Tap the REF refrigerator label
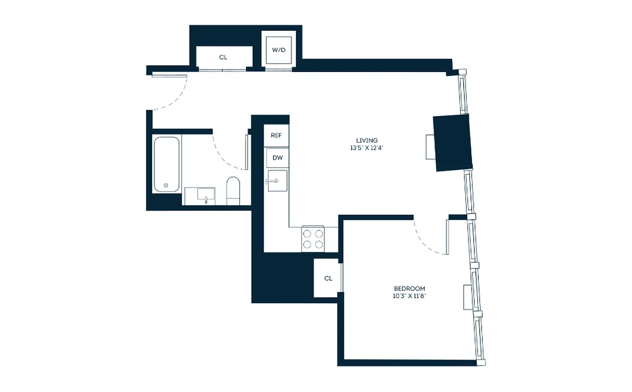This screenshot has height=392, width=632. (276, 136)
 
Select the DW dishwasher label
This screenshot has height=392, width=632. (277, 158)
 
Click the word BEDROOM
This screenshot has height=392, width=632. (410, 289)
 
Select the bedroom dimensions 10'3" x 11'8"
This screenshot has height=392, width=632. (410, 296)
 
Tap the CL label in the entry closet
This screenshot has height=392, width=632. (223, 57)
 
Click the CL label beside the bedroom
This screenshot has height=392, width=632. (328, 278)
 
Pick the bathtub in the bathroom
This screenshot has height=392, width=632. (167, 165)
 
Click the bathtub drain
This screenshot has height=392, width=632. (166, 185)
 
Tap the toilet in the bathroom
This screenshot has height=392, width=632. (233, 191)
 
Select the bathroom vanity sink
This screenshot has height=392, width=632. (206, 195)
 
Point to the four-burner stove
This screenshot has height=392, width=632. (314, 239)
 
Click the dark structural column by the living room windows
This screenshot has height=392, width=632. (453, 143)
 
